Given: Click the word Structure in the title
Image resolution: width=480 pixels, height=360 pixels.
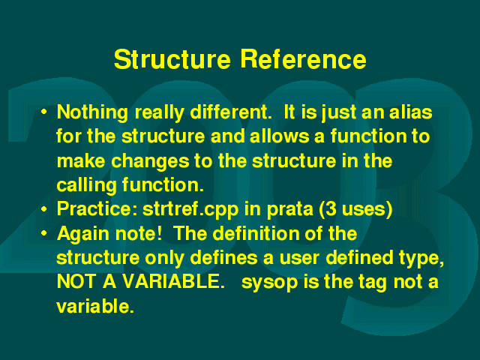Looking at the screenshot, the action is point(172,59).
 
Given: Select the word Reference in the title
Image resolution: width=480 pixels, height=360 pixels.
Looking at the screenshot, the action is point(303,59).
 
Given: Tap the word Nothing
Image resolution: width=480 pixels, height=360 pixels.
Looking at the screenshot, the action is point(92,113).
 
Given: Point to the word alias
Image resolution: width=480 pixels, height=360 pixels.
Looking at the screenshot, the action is point(410,112).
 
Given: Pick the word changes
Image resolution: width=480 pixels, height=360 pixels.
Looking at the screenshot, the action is point(150,162).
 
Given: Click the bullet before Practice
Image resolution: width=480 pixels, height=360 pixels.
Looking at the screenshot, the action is point(44,209).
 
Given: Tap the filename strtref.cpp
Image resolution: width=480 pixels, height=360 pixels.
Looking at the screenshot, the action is point(190,210).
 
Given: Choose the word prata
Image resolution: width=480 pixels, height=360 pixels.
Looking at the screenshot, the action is point(290,210).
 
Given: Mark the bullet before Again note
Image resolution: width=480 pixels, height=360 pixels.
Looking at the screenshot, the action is point(44,233).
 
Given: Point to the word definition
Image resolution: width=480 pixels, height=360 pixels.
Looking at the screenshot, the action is point(256,233).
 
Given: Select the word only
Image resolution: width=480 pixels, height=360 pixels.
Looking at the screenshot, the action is point(164,259).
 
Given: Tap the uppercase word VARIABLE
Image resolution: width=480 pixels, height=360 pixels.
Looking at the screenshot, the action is point(174,282).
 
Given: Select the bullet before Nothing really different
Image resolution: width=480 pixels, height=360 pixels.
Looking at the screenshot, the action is point(44,112).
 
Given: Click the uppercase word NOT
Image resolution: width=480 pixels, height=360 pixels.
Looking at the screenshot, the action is point(76,282).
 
